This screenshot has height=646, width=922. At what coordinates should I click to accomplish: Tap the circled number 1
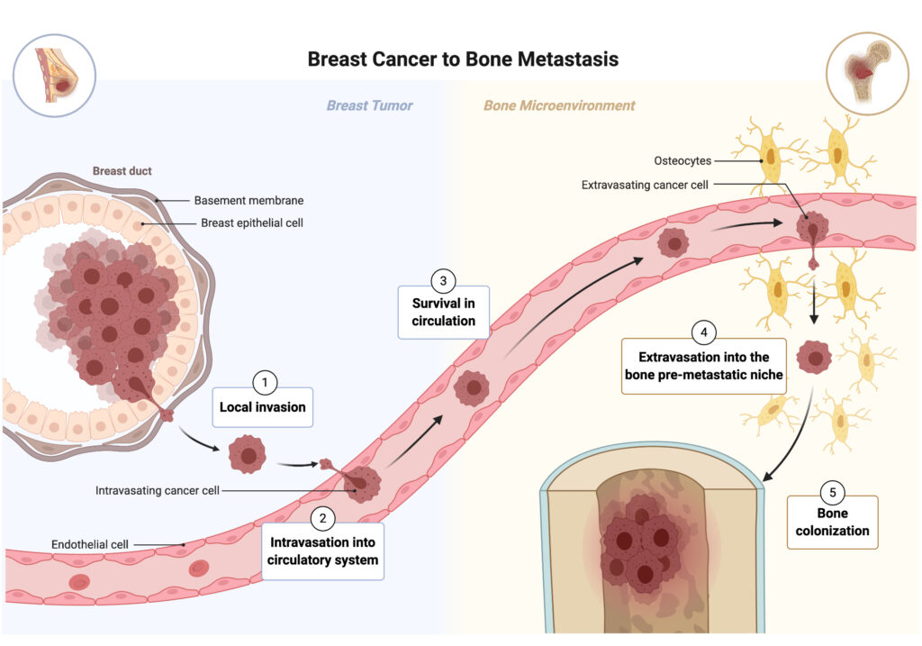[264, 383]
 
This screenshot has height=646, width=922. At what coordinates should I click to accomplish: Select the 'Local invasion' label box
[262, 407]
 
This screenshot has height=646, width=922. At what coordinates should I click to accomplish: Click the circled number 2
[323, 518]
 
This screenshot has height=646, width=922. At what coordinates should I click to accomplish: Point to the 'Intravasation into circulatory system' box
[323, 550]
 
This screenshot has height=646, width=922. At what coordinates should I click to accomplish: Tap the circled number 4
[703, 332]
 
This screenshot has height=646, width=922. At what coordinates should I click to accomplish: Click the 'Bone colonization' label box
[832, 522]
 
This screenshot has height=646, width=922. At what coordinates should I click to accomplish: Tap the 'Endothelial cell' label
[90, 544]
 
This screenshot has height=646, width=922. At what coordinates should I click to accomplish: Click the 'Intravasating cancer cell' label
[158, 491]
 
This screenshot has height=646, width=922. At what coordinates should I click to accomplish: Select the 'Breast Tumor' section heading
[369, 105]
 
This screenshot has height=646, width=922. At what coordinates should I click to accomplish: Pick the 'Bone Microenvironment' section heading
[559, 105]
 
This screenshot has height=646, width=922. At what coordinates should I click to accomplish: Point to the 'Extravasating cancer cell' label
[645, 185]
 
